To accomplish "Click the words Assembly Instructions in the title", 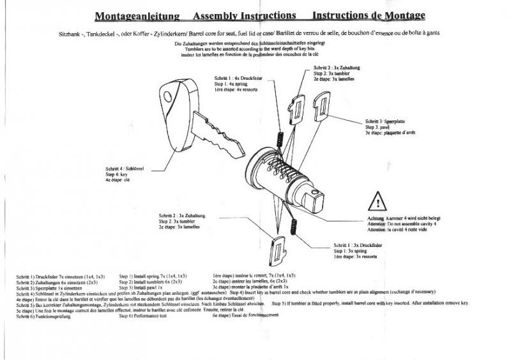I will click(x=245, y=15).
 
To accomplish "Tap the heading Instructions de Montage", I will click(x=369, y=15).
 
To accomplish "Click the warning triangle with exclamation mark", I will click(x=378, y=204).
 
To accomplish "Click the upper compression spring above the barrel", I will click(x=278, y=137).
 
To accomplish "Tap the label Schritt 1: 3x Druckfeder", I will click(x=353, y=246).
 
